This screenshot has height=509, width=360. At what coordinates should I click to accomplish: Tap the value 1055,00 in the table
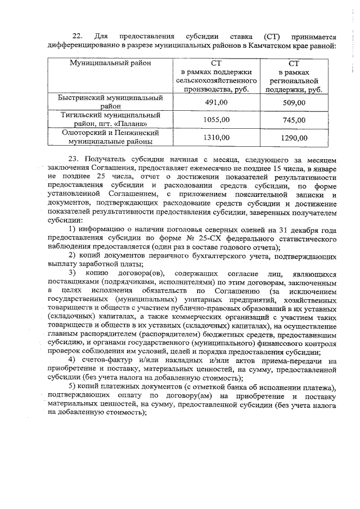coord(217,120)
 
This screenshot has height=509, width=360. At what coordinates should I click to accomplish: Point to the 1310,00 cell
coord(217,137)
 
